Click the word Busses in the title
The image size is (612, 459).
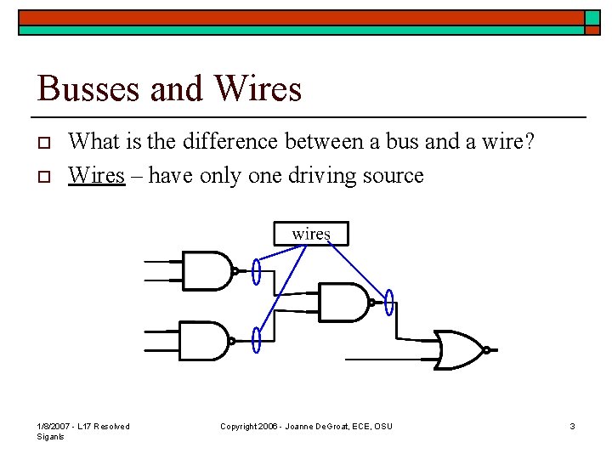pos(82,88)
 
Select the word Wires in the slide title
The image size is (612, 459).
pos(258,88)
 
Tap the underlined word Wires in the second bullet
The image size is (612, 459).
pos(96,175)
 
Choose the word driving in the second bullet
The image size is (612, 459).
pos(326,176)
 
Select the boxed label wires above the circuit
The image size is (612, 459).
pos(311,233)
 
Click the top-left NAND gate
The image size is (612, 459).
pos(207,270)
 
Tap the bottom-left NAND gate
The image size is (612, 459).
pos(204,341)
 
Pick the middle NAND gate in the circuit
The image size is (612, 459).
pos(343,302)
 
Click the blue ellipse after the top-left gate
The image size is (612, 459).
pos(256,271)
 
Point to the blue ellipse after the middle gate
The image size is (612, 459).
pos(389,302)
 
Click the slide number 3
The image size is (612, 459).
pos(573,426)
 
